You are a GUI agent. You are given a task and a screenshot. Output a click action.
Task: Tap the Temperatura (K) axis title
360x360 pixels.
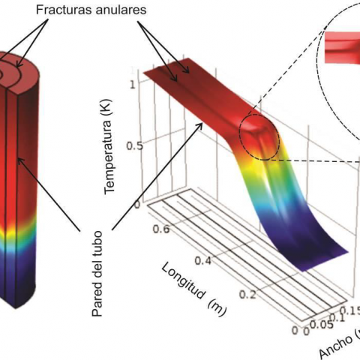coord(109,146)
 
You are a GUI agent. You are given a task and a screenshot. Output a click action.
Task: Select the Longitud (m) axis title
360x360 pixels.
coord(194,289)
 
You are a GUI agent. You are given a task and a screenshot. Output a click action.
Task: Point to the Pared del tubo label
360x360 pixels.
coord(97,274)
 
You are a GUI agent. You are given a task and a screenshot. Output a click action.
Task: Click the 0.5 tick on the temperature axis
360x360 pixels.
coord(135,145)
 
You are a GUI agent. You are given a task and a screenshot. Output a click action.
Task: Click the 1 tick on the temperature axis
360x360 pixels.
coord(132,85)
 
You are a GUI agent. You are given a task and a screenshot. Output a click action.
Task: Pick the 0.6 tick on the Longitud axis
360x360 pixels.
coord(161,229)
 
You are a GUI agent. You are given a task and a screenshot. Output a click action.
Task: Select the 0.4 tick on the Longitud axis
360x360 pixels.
coord(202,260)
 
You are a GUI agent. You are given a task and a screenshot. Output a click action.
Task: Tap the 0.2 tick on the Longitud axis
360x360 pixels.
coord(247,295)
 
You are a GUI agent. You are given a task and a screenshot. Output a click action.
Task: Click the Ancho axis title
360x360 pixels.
coord(340,343)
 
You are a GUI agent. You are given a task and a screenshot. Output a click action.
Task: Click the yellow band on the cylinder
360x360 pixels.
coord(17,232)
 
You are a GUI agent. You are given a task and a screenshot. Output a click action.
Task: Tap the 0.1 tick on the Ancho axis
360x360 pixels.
coord(337,318)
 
